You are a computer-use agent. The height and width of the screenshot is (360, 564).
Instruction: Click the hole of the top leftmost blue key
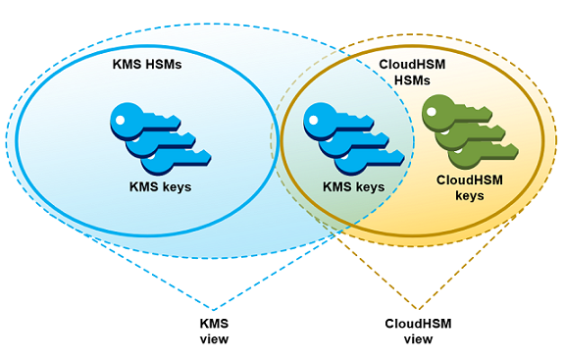pos(121,120)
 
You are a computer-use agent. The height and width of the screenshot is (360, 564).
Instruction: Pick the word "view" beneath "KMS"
pos(214,339)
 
